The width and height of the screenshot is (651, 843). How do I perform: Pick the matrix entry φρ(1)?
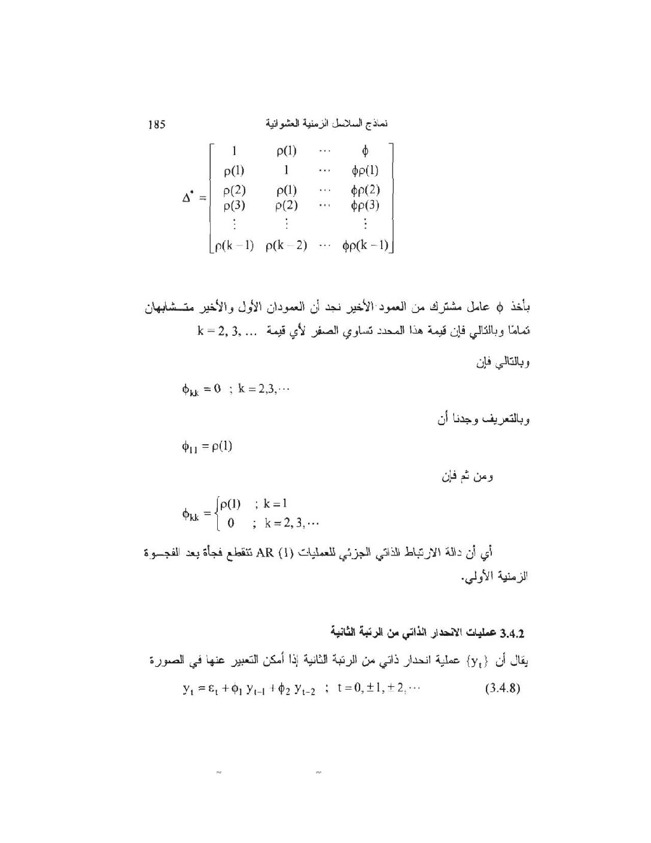tap(365, 170)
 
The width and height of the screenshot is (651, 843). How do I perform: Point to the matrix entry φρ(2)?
tap(365, 191)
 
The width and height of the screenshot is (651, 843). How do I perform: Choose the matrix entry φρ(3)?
tap(365, 205)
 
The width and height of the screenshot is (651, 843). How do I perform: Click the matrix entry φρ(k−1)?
tap(365, 245)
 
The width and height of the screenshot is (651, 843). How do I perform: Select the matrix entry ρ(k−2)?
tap(286, 245)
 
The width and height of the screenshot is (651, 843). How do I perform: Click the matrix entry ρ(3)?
tap(234, 205)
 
